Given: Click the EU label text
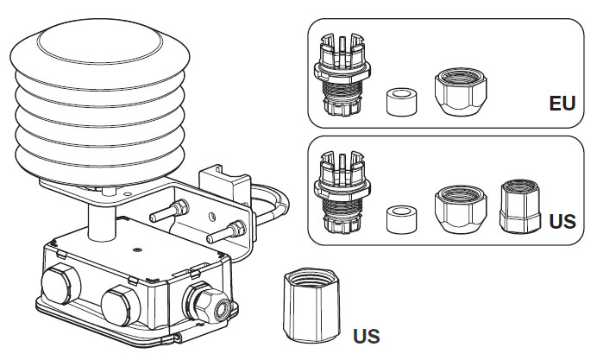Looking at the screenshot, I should (562, 104).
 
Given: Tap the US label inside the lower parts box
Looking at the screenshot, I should (562, 221).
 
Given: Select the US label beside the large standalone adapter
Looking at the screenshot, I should (366, 334).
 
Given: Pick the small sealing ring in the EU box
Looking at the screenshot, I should (399, 102).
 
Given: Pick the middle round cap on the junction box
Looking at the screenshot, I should (118, 304).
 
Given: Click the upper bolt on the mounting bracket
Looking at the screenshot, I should (172, 208).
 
